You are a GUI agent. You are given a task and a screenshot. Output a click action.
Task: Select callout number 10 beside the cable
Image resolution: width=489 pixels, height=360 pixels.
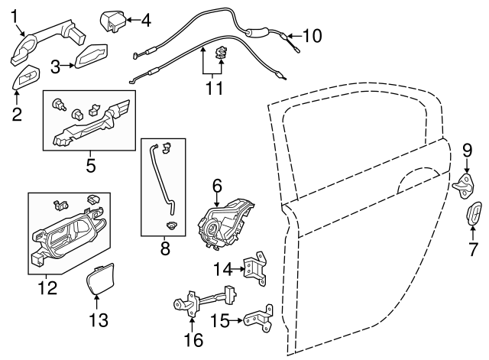[313, 35]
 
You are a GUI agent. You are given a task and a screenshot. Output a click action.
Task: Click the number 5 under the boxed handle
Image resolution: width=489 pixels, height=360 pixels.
[89, 163]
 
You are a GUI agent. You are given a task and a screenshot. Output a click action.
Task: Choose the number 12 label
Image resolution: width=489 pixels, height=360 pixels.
[47, 288]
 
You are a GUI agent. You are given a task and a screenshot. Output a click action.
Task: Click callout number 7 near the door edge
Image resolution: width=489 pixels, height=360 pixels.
[472, 249]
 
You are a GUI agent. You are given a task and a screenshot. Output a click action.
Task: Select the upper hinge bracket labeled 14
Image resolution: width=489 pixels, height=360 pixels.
[254, 270]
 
